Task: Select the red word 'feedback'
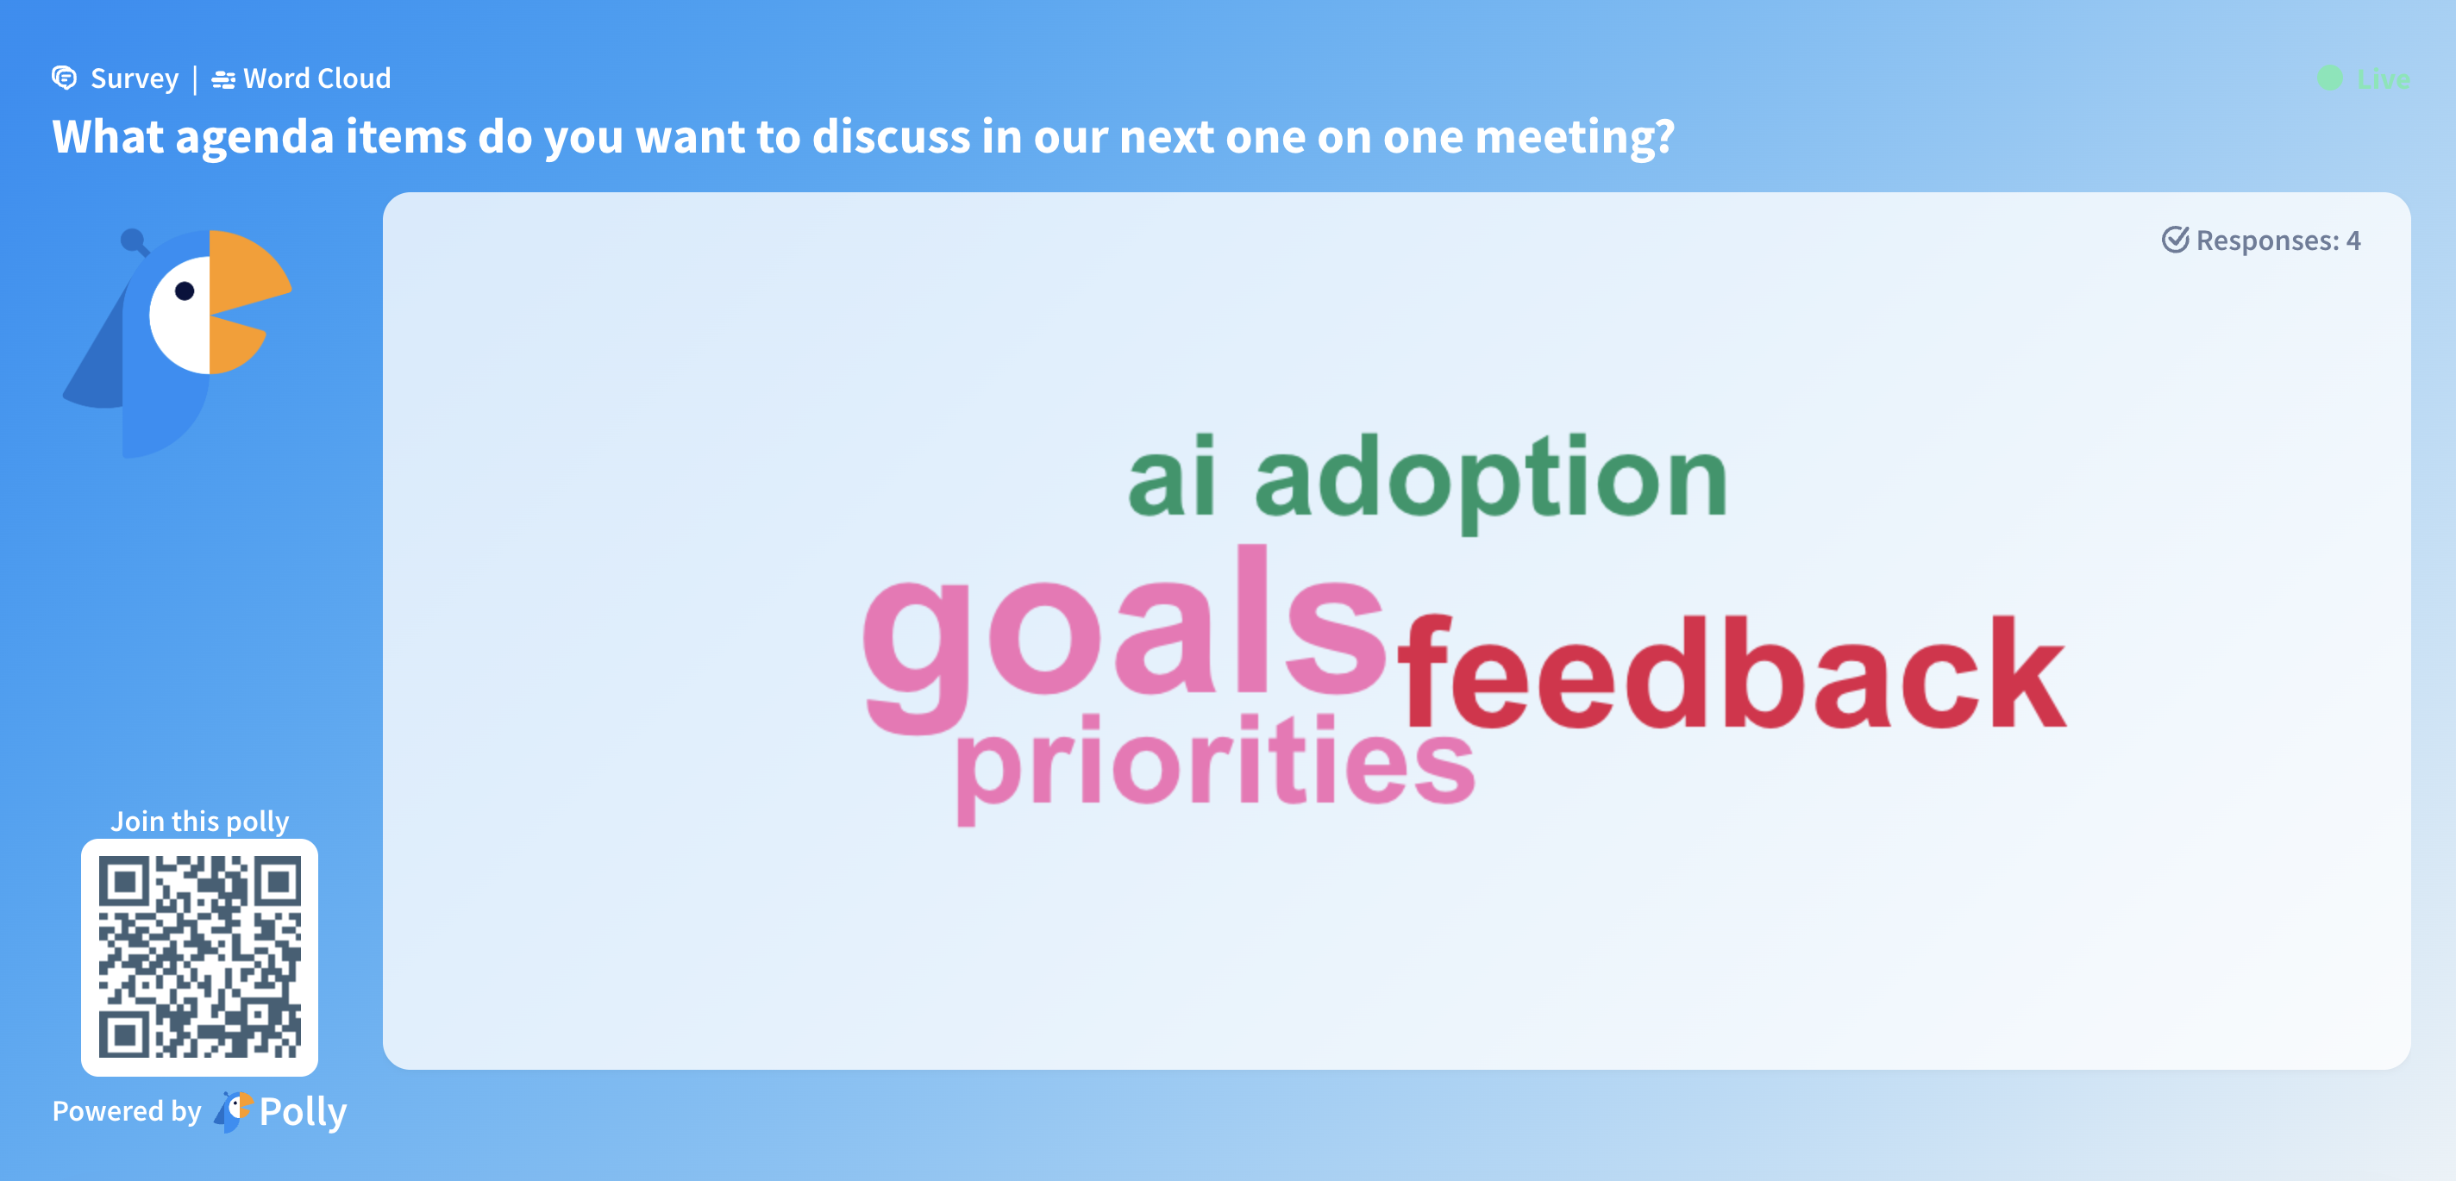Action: pyautogui.click(x=1732, y=672)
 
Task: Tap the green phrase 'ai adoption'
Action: pyautogui.click(x=1427, y=480)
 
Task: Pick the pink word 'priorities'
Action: pyautogui.click(x=1216, y=767)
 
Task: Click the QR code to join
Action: pyautogui.click(x=199, y=957)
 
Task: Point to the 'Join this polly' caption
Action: pyautogui.click(x=199, y=821)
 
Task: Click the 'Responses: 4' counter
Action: pyautogui.click(x=2261, y=241)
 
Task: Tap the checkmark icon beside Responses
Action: pyautogui.click(x=2175, y=240)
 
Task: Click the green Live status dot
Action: pyautogui.click(x=2329, y=78)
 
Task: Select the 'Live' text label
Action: pyautogui.click(x=2383, y=79)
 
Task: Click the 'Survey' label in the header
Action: pyautogui.click(x=135, y=78)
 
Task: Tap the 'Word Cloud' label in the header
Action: pyautogui.click(x=316, y=78)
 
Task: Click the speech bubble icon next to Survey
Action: pyautogui.click(x=64, y=78)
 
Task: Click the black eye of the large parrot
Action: pyautogui.click(x=185, y=291)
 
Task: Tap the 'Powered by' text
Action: pyautogui.click(x=127, y=1110)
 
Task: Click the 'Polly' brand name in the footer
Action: pyautogui.click(x=304, y=1112)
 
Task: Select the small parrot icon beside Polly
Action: pyautogui.click(x=233, y=1111)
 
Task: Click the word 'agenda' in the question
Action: pyautogui.click(x=254, y=138)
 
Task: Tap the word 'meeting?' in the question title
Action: pyautogui.click(x=1574, y=138)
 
